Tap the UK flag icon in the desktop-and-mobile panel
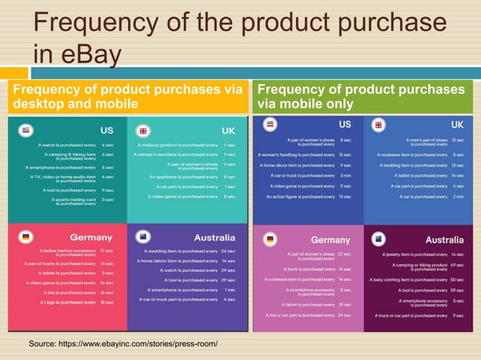pyautogui.click(x=143, y=130)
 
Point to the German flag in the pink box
pyautogui.click(x=269, y=240)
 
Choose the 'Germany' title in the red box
pyautogui.click(x=91, y=237)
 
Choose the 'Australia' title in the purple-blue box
pyautogui.click(x=214, y=237)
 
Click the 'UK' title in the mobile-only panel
pyautogui.click(x=457, y=124)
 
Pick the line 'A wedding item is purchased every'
pyautogui.click(x=178, y=251)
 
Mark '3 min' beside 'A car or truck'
pyautogui.click(x=346, y=175)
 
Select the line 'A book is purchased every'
pyautogui.click(x=309, y=269)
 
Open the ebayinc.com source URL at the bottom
pyautogui.click(x=123, y=343)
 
